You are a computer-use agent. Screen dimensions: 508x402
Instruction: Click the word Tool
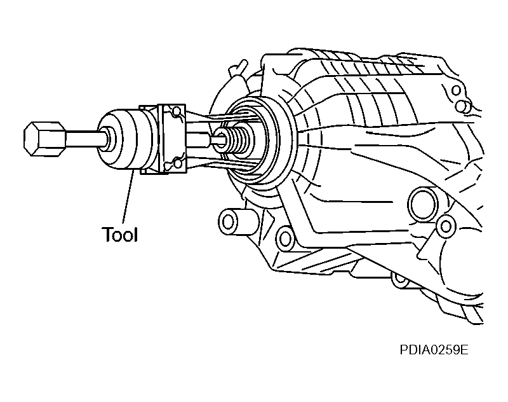[120, 234]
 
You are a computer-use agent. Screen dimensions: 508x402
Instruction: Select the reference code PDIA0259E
[434, 350]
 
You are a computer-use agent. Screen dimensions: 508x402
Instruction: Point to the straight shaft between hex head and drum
[85, 139]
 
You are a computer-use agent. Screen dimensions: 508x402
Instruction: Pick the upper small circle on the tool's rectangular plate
[176, 111]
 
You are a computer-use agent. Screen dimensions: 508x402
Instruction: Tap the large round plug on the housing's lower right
[424, 204]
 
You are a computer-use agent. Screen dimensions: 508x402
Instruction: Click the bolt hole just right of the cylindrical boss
[285, 239]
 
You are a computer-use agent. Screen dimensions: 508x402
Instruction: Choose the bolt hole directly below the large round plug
[446, 226]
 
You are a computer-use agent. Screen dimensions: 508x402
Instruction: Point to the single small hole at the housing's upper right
[456, 90]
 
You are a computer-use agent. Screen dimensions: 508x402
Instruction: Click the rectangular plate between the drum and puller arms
[172, 138]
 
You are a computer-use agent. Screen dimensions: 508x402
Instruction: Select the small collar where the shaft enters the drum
[109, 139]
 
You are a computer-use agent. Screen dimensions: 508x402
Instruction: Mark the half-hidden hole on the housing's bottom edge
[400, 279]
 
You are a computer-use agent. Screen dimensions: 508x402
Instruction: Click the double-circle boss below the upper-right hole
[463, 106]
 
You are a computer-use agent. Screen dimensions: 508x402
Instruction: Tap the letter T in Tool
[107, 234]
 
